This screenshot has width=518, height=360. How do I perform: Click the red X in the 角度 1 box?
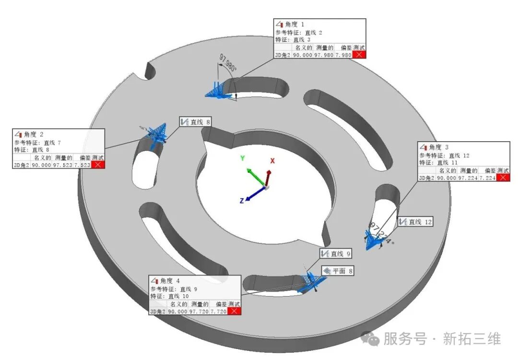[x=359, y=55]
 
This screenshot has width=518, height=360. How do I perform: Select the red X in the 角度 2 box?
[x=98, y=165]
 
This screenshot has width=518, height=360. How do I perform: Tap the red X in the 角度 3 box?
[x=503, y=178]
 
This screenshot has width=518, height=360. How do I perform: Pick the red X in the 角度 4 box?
[x=234, y=311]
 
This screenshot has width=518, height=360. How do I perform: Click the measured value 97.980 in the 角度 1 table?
[x=324, y=55]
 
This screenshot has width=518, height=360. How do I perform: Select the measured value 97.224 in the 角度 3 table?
[x=468, y=178]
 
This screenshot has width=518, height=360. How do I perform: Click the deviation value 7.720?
[x=218, y=311]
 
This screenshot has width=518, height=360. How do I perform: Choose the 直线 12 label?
[x=416, y=222]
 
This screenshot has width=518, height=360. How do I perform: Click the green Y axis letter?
[x=243, y=158]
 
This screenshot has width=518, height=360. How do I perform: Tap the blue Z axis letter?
[x=242, y=201]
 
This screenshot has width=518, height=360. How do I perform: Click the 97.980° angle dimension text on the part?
[x=228, y=63]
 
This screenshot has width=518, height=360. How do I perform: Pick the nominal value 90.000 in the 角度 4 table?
[x=177, y=311]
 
